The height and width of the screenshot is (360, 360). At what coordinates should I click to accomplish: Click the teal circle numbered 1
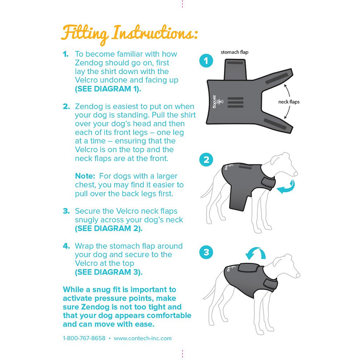coord(206,61)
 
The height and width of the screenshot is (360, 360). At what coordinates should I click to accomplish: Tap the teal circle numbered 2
coord(206,160)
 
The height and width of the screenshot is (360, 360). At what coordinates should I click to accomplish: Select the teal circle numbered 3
coord(206,252)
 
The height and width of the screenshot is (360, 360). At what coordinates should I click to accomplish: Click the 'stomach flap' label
coord(234,52)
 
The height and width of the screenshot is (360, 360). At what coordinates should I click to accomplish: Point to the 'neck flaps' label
coord(289,102)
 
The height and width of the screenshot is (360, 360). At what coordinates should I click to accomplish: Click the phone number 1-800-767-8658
coord(84,338)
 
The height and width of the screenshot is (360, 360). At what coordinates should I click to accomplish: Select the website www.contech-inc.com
coord(143,338)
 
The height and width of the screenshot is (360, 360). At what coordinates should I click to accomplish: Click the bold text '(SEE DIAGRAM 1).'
coord(108,89)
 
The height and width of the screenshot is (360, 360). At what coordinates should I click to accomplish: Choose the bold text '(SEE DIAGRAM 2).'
coord(108,229)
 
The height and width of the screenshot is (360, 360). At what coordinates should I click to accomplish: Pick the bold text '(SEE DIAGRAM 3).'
coord(108,272)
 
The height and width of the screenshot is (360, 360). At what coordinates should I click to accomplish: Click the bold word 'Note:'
coord(85,176)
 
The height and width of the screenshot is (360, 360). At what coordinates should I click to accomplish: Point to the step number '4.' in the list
coord(66,246)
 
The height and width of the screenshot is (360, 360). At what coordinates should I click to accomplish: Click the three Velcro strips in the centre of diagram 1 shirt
coord(235,103)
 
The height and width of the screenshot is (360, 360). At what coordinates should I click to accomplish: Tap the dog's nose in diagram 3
coord(297,275)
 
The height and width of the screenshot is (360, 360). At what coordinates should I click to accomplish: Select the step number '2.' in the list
coord(66,107)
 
